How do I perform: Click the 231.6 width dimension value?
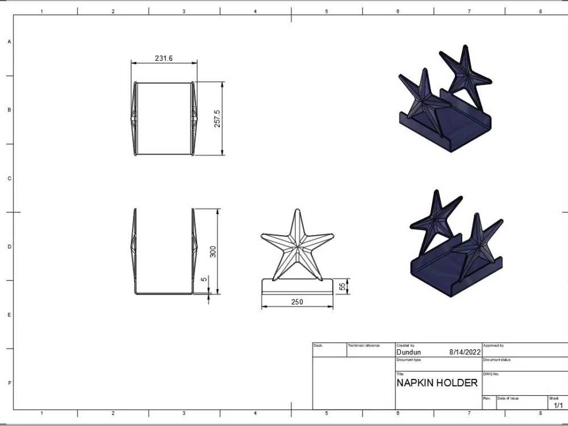click(164, 59)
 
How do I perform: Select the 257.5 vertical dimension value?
click(217, 118)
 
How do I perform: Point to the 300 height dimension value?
click(213, 251)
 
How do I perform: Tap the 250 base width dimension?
click(297, 302)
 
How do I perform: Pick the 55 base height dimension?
click(343, 286)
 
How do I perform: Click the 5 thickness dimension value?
click(203, 279)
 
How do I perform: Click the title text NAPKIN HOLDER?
click(437, 383)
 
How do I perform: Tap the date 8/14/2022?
click(465, 352)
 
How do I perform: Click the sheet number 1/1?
click(558, 405)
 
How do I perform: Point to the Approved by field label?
click(494, 345)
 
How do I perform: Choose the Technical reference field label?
click(364, 345)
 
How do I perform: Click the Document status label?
click(497, 360)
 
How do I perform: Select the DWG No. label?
click(491, 374)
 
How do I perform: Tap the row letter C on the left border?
click(9, 178)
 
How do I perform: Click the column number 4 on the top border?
click(255, 11)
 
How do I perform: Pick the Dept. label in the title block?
click(318, 345)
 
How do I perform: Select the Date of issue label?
click(508, 398)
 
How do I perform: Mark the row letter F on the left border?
click(9, 383)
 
